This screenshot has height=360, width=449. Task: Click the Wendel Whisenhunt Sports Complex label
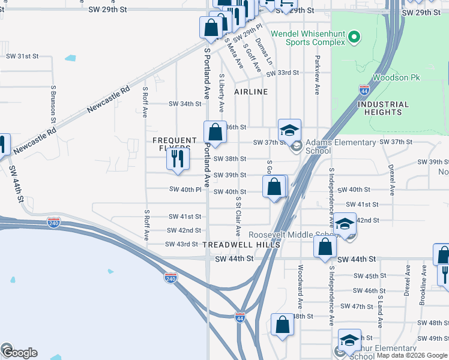(308, 38)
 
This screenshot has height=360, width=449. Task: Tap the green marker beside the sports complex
(354, 38)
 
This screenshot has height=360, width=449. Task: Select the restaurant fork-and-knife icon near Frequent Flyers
(178, 159)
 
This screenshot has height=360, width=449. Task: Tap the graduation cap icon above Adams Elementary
(289, 130)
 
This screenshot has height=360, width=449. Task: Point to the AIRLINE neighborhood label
(251, 92)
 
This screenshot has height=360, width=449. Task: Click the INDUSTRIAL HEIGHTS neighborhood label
(383, 108)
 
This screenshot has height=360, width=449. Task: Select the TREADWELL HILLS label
(241, 245)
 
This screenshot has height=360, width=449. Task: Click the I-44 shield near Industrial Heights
(364, 89)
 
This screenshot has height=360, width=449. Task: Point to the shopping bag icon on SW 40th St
(274, 187)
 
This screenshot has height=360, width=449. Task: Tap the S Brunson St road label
(53, 104)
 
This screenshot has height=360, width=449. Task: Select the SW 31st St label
(22, 56)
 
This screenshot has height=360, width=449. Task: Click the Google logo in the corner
(19, 352)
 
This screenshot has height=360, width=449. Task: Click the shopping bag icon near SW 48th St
(282, 325)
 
